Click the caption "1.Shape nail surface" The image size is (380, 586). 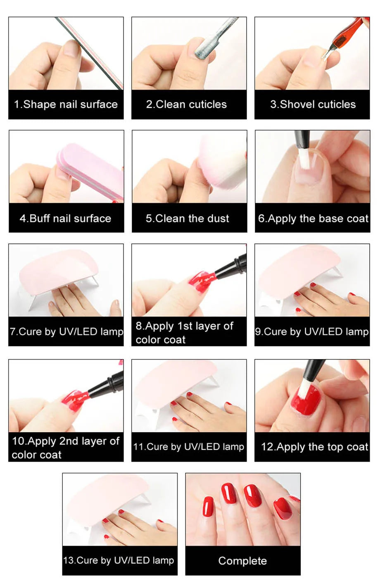coord(66,105)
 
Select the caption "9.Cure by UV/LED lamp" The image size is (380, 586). coord(312,332)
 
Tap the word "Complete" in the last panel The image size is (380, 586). coord(242,561)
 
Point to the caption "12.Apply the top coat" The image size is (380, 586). coord(314,447)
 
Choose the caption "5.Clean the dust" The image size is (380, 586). coord(187,219)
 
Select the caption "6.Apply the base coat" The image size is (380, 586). coord(313,219)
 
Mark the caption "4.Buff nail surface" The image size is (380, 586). coord(65,219)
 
